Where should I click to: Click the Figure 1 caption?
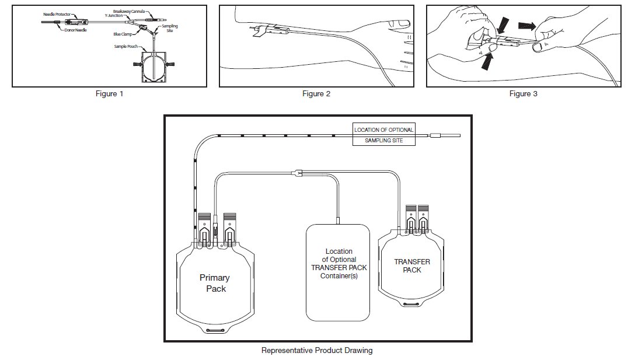[x=110, y=94]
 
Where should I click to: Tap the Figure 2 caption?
[x=316, y=94]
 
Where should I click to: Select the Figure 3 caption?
[x=523, y=94]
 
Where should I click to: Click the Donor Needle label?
[x=75, y=30]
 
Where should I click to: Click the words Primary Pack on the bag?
[x=214, y=283]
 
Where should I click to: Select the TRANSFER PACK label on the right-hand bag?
[x=411, y=266]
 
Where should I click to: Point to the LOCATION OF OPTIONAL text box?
[x=384, y=130]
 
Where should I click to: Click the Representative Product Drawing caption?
[x=317, y=351]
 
